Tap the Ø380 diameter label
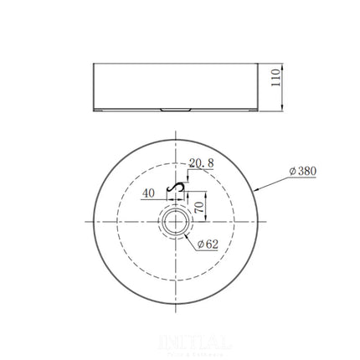pyautogui.click(x=301, y=171)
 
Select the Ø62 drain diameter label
pyautogui.click(x=208, y=244)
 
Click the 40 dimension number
pyautogui.click(x=149, y=193)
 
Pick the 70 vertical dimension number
pyautogui.click(x=200, y=203)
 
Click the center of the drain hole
pyautogui.click(x=177, y=221)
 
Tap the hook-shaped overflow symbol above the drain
pyautogui.click(x=177, y=188)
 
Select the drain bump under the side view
pyautogui.click(x=177, y=109)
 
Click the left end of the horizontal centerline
pyautogui.click(x=85, y=221)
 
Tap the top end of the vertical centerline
pyautogui.click(x=177, y=129)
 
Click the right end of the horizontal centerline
pyautogui.click(x=269, y=221)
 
